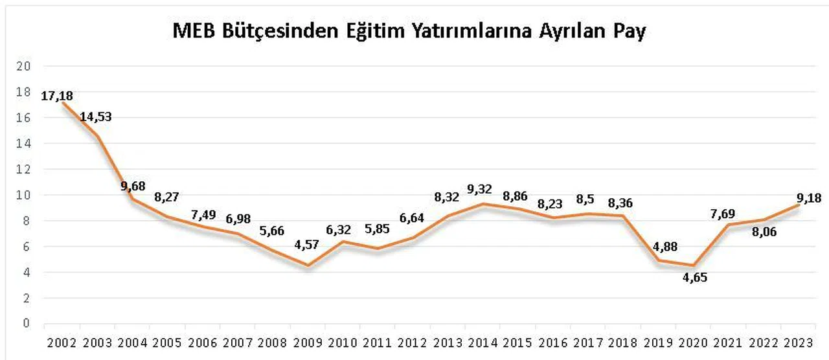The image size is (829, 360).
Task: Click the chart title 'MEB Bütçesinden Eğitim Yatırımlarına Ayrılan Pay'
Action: [409, 31]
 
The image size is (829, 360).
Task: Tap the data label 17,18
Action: [58, 96]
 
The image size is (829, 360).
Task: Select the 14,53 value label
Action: [96, 117]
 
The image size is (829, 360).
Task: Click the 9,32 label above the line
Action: [480, 190]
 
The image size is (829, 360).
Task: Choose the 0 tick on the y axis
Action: [27, 322]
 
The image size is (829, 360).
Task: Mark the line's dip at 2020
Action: [693, 265]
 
